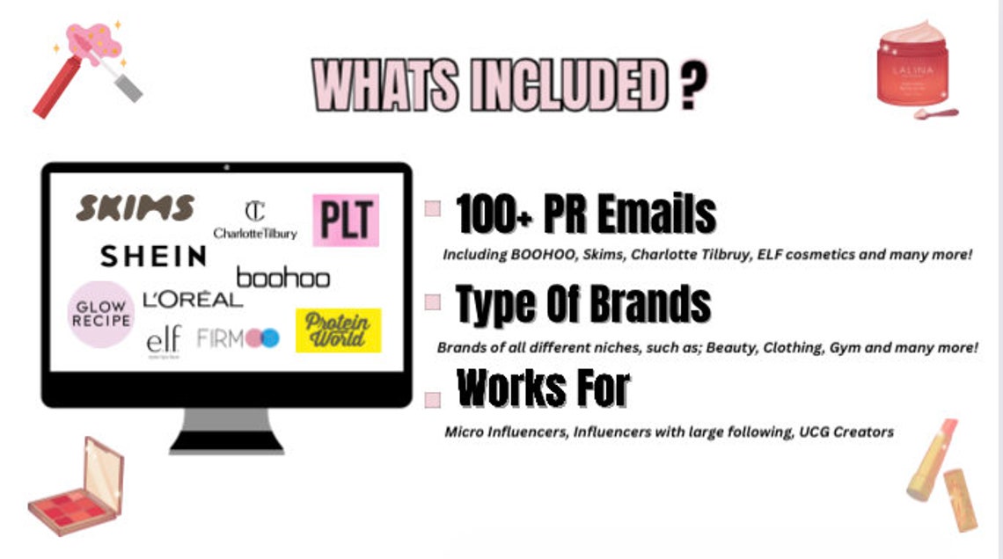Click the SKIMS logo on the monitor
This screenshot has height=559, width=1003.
click(x=135, y=208)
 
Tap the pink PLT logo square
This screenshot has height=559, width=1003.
click(x=346, y=220)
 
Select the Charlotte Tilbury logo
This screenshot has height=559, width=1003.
click(x=255, y=221)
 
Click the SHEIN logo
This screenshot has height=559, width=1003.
click(x=153, y=256)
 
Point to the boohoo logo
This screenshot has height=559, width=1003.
click(x=282, y=279)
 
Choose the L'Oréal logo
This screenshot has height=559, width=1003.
click(x=192, y=300)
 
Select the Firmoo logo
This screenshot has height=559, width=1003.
click(x=238, y=338)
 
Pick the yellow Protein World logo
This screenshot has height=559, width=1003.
click(x=338, y=330)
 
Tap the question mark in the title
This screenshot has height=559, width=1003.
click(x=694, y=86)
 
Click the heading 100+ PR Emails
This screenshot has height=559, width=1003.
click(x=586, y=214)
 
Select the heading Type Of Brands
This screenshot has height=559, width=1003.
click(x=583, y=304)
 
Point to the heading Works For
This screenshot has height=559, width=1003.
click(x=544, y=388)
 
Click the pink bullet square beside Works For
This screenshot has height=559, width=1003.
click(x=432, y=399)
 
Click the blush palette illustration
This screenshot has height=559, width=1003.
click(x=77, y=488)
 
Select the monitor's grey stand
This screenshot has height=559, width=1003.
click(x=226, y=430)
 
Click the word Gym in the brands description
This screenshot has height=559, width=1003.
click(x=845, y=348)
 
